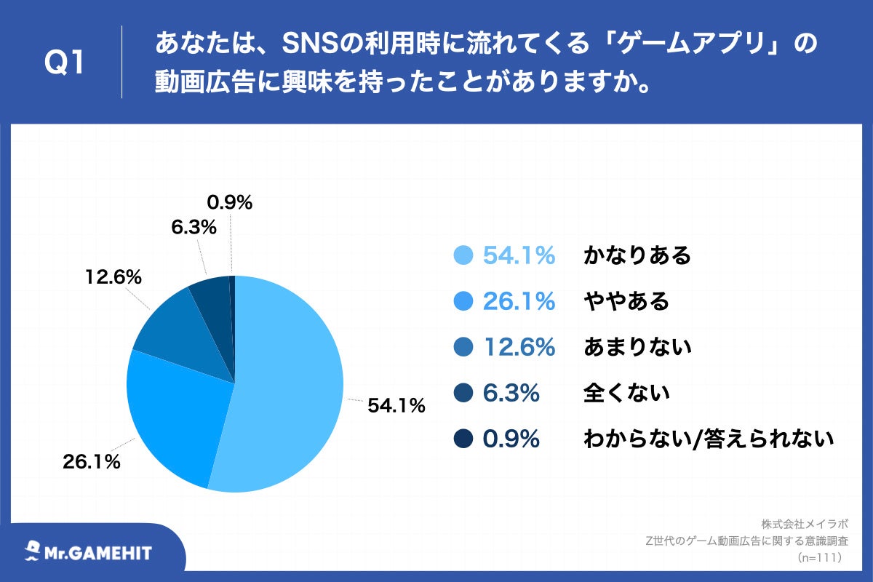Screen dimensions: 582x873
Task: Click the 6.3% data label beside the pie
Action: (x=194, y=228)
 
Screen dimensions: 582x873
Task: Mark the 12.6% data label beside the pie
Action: (x=113, y=277)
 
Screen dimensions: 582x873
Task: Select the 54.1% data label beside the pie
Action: (x=396, y=407)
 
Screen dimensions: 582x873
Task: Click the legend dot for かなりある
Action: (x=463, y=255)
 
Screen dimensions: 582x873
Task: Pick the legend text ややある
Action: (x=626, y=301)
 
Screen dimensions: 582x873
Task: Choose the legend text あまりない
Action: (x=637, y=347)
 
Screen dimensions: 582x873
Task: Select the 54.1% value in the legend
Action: (x=519, y=255)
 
